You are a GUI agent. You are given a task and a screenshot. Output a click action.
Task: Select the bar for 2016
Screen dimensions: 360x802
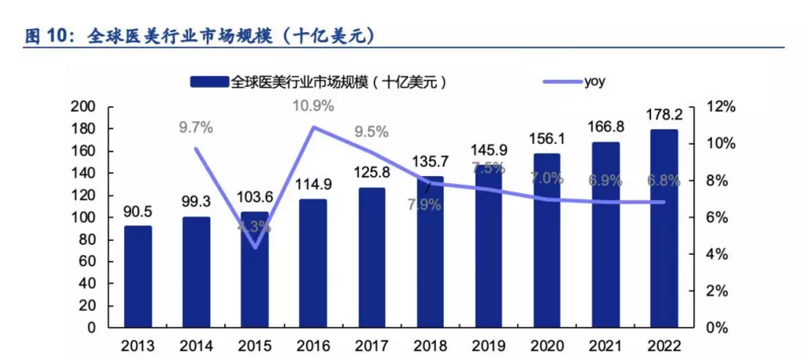[313, 263]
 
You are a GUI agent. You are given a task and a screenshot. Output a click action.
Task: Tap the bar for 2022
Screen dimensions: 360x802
[664, 229]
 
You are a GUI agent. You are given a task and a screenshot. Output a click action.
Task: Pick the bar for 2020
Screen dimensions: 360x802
[547, 240]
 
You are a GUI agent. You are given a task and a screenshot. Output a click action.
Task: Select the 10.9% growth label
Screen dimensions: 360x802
[313, 106]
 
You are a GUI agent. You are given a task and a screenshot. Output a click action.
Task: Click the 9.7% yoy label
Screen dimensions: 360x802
[196, 127]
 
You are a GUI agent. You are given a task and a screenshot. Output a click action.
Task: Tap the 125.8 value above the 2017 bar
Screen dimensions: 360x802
[371, 172]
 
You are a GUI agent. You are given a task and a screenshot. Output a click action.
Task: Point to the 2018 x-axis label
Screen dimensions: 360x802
[430, 346]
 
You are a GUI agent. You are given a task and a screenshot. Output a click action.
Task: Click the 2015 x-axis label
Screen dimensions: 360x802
[255, 346]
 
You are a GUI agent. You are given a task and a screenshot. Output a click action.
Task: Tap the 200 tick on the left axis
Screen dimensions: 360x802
[85, 108]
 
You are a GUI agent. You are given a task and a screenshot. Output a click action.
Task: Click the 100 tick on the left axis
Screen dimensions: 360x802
[85, 218]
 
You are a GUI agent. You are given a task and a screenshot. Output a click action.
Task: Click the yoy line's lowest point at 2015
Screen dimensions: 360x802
[255, 247]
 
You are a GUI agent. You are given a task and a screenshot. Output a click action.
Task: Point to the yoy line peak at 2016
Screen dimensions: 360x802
[313, 127]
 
